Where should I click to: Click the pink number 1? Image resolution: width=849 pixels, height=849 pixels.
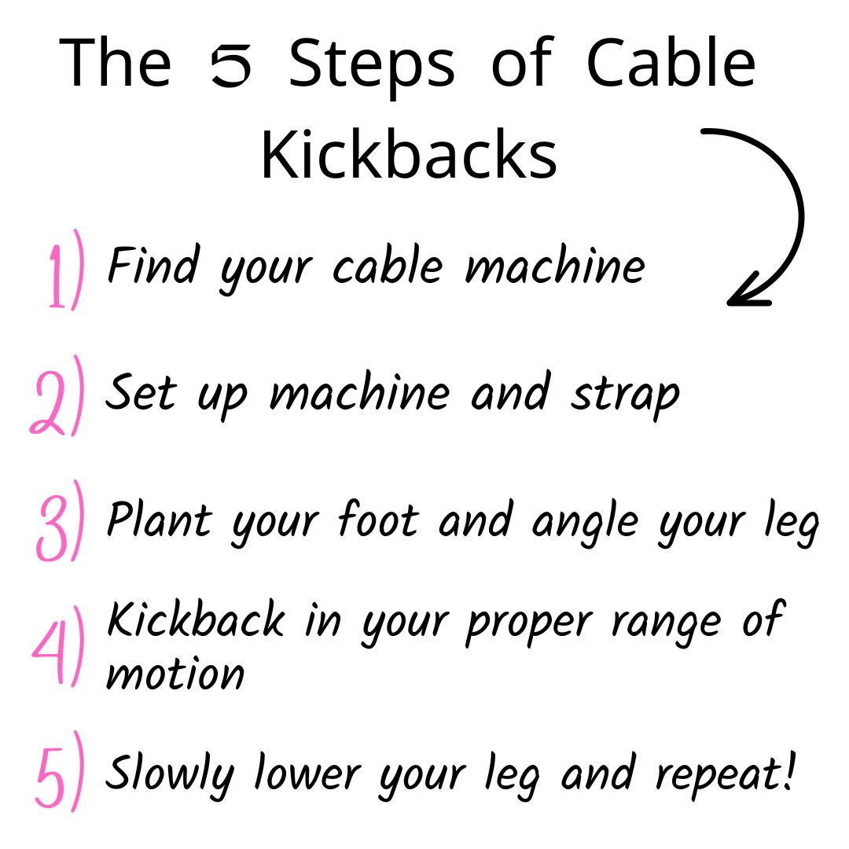coord(57,276)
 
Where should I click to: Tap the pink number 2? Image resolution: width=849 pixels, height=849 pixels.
coord(48,402)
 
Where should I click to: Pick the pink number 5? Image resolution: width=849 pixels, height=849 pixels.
coord(51,778)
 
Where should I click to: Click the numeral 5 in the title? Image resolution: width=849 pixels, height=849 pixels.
coord(231,65)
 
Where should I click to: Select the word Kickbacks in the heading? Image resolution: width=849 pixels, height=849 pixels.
coord(410,154)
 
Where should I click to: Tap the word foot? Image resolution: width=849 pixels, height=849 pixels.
coord(378,518)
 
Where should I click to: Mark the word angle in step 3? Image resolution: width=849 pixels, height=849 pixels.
coord(585,523)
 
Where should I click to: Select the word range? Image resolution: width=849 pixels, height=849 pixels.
coord(667,627)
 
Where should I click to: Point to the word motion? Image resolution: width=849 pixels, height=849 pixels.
coord(175,674)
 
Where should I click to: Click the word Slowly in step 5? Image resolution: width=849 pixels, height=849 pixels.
coord(170,774)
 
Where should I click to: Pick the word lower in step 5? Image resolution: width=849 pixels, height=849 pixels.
coord(307,772)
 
